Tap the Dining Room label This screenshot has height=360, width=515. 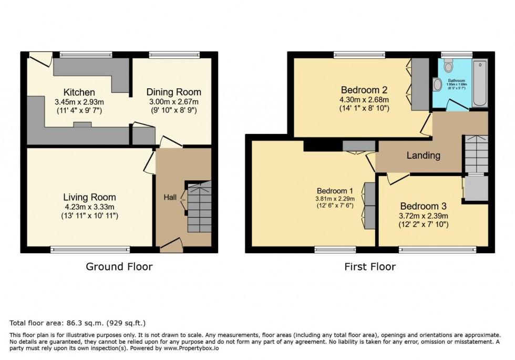tap(173, 92)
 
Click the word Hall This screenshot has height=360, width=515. tap(170, 198)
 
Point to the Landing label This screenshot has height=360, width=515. tap(424, 156)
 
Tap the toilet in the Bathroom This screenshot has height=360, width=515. tap(448, 65)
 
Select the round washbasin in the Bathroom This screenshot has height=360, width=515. tap(437, 84)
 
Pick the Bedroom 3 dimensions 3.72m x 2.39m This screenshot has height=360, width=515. tap(424, 215)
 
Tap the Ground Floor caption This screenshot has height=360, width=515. tap(119, 267)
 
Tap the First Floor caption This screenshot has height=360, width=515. tap(370, 267)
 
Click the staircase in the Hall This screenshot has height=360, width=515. tap(199, 207)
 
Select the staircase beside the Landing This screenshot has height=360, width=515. tap(475, 153)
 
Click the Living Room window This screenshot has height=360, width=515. tap(91, 250)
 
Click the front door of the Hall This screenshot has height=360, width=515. tap(170, 245)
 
